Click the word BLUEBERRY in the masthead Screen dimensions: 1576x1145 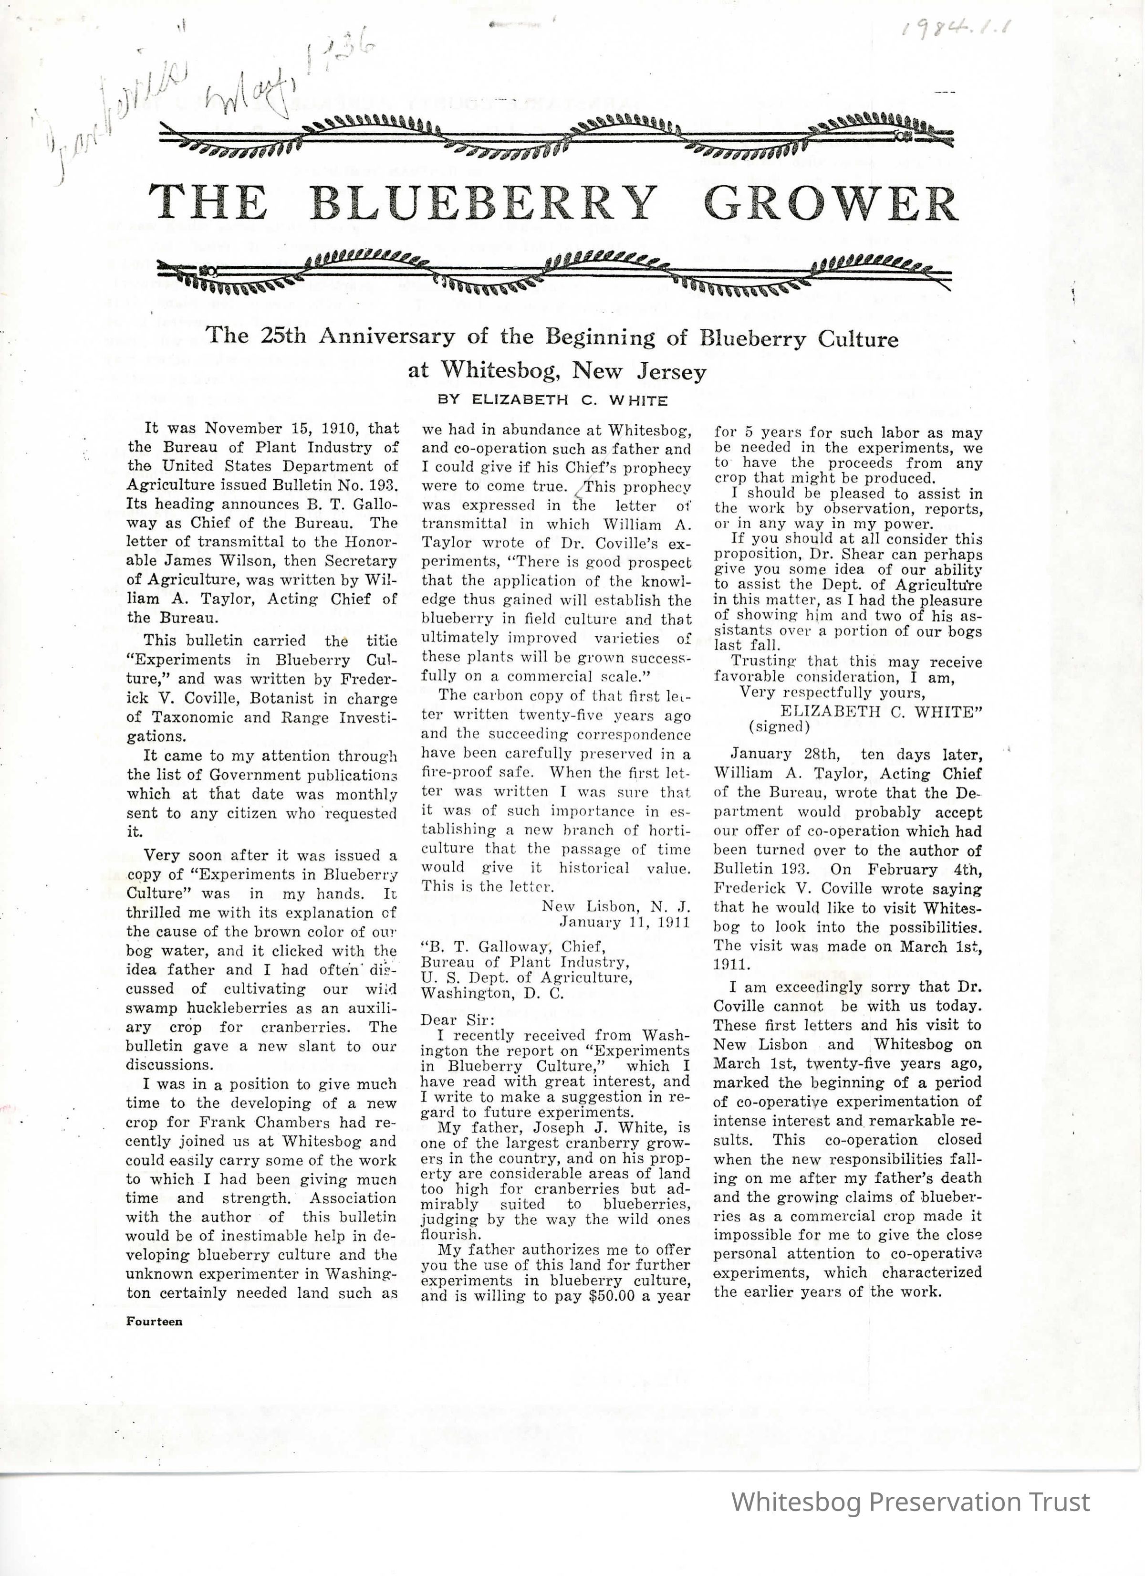[483, 203]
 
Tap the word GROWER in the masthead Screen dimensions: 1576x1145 [831, 203]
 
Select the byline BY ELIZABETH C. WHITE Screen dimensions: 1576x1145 [552, 401]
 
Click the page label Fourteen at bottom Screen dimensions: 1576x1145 [154, 1321]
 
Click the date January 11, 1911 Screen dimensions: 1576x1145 [625, 922]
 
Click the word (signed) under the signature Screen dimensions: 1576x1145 [779, 727]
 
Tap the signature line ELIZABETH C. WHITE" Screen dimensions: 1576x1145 [881, 712]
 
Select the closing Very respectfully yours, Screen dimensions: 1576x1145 [833, 693]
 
